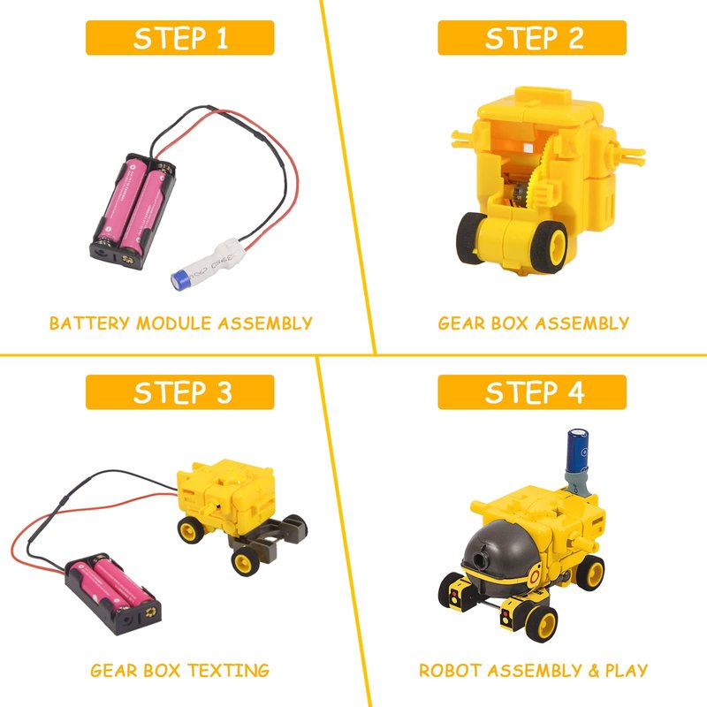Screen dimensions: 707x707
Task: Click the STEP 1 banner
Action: click(x=180, y=38)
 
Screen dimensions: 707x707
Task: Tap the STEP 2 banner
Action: click(x=532, y=38)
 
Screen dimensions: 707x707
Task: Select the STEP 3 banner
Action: click(x=180, y=392)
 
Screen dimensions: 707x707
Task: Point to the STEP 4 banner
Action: click(x=532, y=392)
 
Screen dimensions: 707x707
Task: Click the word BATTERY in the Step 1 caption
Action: click(x=90, y=323)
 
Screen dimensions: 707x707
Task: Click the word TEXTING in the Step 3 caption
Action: click(x=229, y=671)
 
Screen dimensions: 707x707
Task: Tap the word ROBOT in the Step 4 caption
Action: click(x=451, y=671)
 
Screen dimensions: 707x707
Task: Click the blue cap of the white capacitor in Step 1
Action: click(x=181, y=280)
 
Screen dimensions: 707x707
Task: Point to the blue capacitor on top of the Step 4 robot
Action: click(x=577, y=451)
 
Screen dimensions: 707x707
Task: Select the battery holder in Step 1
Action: click(x=133, y=211)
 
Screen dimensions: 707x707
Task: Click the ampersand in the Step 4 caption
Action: click(x=593, y=671)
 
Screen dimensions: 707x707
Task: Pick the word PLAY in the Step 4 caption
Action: click(x=627, y=671)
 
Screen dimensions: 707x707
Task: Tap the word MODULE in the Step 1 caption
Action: click(x=174, y=323)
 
